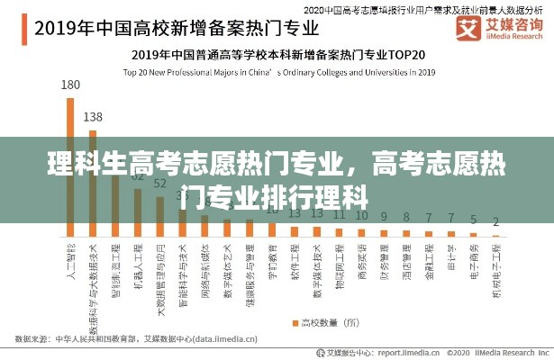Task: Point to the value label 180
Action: tap(70, 85)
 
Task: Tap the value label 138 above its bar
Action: tap(93, 117)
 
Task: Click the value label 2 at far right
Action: tap(495, 221)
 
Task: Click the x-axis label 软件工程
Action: tap(294, 258)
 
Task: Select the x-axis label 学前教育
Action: tap(272, 258)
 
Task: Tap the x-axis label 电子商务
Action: tap(473, 258)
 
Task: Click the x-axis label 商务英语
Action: tap(361, 258)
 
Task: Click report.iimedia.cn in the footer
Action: tap(395, 353)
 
